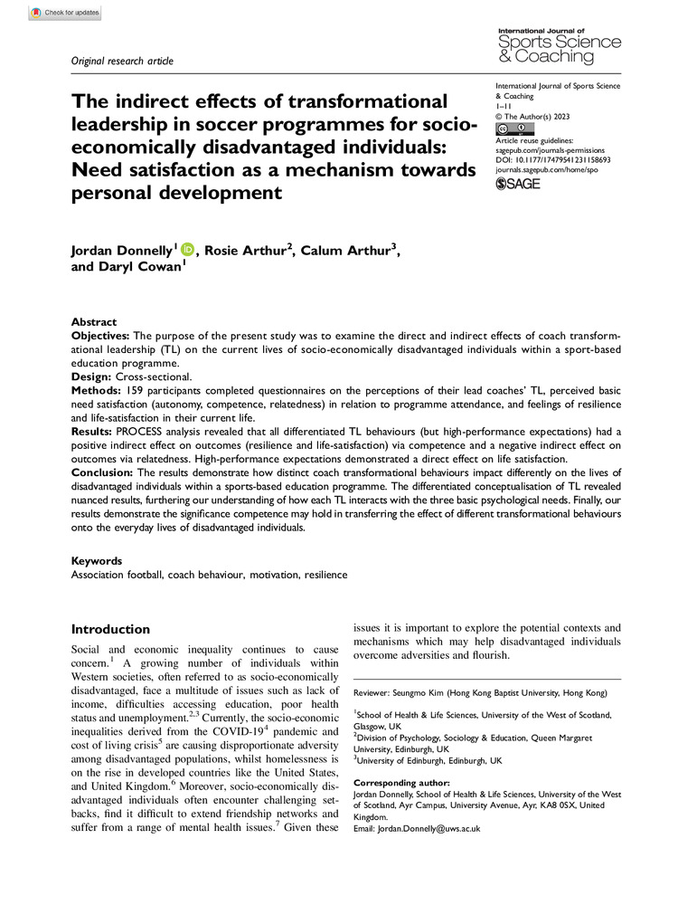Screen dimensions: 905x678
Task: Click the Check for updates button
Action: pos(65,14)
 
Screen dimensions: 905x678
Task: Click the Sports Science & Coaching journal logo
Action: pos(559,46)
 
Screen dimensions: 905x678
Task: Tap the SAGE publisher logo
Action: pos(518,185)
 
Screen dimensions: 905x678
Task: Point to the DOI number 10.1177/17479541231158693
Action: pos(566,159)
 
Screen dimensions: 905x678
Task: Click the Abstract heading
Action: pos(94,322)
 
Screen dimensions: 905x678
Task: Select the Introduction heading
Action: pos(110,629)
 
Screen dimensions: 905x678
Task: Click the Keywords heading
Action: pos(97,561)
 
